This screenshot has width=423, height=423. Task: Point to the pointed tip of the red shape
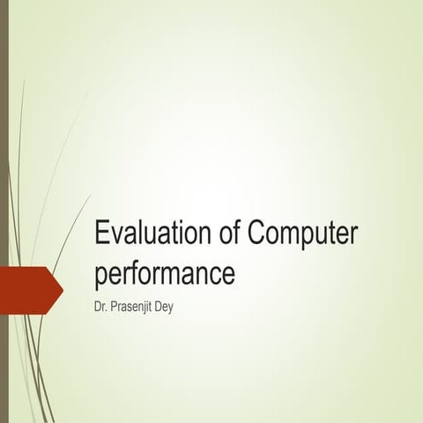click(62, 286)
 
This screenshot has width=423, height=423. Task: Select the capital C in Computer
click(258, 236)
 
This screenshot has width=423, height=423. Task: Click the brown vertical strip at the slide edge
click(4, 211)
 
